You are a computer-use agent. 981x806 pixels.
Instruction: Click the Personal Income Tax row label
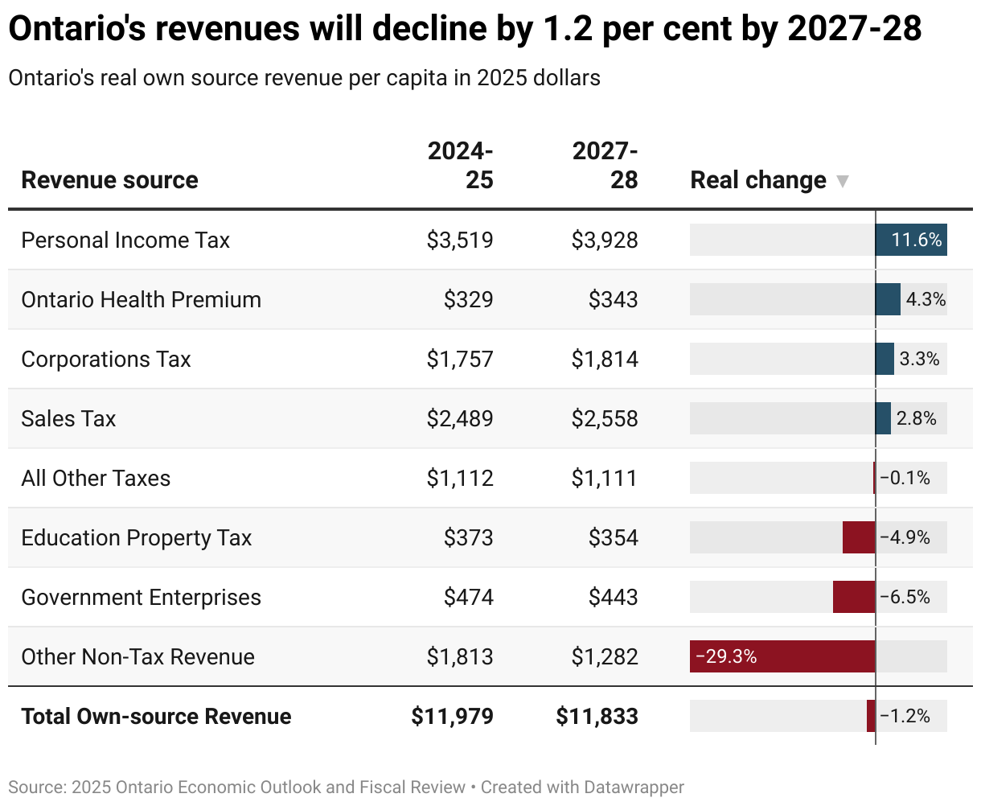coord(125,241)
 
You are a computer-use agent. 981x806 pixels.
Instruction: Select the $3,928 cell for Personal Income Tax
coord(605,241)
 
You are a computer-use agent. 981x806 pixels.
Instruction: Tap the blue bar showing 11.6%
coord(910,241)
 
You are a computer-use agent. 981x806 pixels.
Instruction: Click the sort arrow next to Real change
coord(842,181)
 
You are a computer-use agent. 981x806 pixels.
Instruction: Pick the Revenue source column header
coord(109,180)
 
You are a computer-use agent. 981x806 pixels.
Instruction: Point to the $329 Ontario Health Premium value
coord(468,300)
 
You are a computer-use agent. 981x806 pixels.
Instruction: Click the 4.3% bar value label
coord(926,300)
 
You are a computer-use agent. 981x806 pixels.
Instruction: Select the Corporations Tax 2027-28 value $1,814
coord(605,360)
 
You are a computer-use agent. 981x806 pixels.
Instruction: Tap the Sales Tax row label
coord(68,419)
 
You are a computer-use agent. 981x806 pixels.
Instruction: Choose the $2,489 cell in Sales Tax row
coord(460,419)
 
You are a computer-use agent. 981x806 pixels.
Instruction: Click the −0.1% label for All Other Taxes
coord(905,479)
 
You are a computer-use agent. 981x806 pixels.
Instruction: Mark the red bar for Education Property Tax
coord(858,537)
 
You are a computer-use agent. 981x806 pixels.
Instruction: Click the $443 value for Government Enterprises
coord(613,598)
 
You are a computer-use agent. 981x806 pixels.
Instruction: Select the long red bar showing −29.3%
coord(782,656)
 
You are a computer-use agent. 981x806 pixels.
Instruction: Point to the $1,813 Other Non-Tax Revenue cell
coord(460,657)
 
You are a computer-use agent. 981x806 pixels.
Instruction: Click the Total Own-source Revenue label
coord(156,717)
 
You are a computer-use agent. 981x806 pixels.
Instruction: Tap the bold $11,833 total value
coord(597,717)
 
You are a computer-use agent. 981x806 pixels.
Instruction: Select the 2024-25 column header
coord(460,165)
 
